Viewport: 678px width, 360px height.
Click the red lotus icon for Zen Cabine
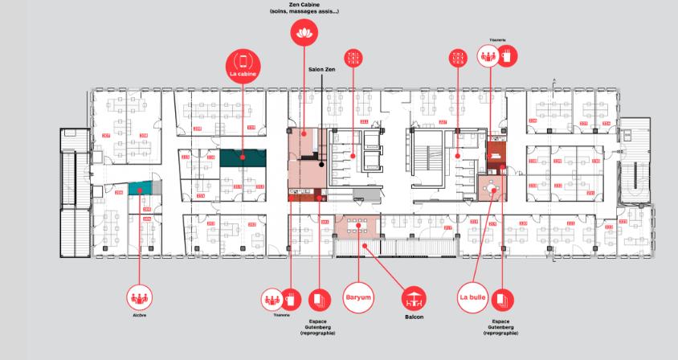tap(304, 31)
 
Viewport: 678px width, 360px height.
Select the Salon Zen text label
tap(321, 69)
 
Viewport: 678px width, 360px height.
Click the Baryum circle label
tap(357, 297)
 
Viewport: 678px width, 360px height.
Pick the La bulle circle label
tap(473, 297)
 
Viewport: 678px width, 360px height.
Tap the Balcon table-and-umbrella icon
tap(414, 299)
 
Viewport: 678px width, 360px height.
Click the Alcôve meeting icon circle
tap(140, 297)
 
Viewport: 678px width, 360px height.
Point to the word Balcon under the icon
tap(414, 317)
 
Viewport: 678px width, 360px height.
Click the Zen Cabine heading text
tap(304, 5)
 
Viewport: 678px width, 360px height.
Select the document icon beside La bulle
tap(503, 300)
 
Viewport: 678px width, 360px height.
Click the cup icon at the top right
tap(507, 55)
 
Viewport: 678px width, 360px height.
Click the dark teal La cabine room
tap(243, 158)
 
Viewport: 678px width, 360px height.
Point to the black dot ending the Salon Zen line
tap(322, 164)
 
